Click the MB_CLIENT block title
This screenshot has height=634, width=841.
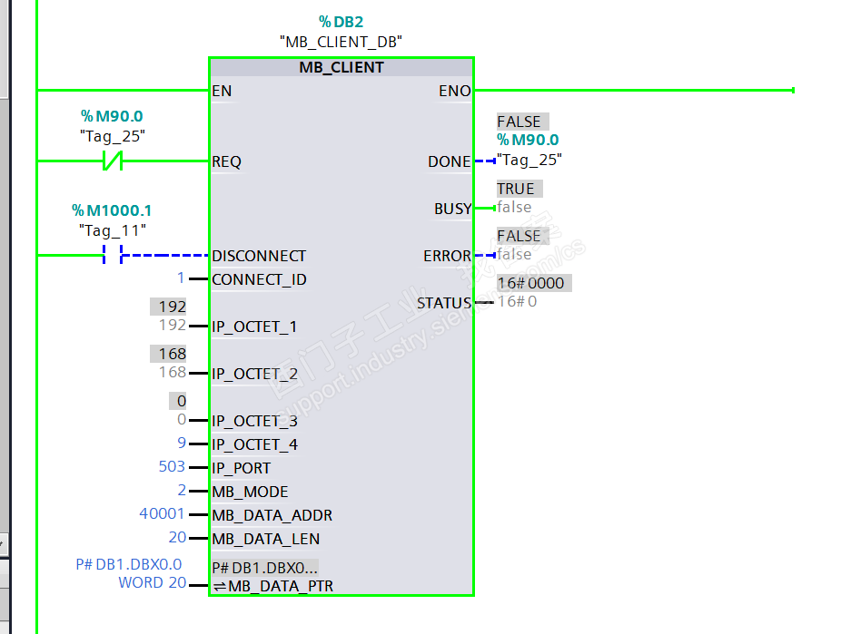tap(341, 68)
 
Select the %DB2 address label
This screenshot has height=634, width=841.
tap(340, 22)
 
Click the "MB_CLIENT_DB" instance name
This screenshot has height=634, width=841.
tap(341, 42)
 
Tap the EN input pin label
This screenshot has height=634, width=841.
tap(222, 91)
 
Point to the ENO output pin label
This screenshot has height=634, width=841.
tap(454, 91)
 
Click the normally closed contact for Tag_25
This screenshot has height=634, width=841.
tap(112, 161)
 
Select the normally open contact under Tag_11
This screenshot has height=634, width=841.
tap(112, 256)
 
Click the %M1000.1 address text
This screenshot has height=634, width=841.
tap(112, 210)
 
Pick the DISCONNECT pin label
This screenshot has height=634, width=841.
tap(259, 256)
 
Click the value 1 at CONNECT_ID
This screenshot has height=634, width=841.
tap(181, 278)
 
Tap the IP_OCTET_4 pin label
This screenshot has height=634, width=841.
tap(254, 444)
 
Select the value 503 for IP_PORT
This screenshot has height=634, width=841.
tap(172, 467)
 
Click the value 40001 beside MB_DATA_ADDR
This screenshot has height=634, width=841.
tap(162, 514)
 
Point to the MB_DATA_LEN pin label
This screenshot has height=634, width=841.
tap(265, 539)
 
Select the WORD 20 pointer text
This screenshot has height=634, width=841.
tap(152, 582)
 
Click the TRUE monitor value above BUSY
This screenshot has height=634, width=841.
tap(516, 189)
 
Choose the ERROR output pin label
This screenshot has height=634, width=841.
tap(447, 256)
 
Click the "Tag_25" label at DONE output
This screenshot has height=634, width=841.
tap(529, 160)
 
